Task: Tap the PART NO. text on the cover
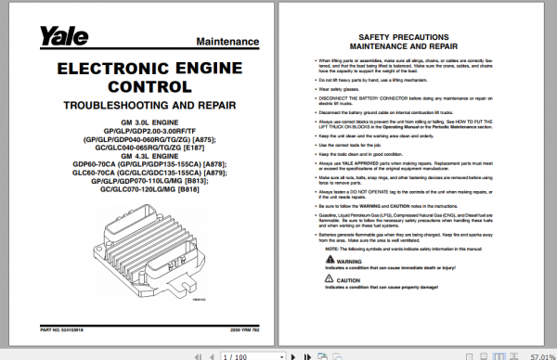pos(58,328)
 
